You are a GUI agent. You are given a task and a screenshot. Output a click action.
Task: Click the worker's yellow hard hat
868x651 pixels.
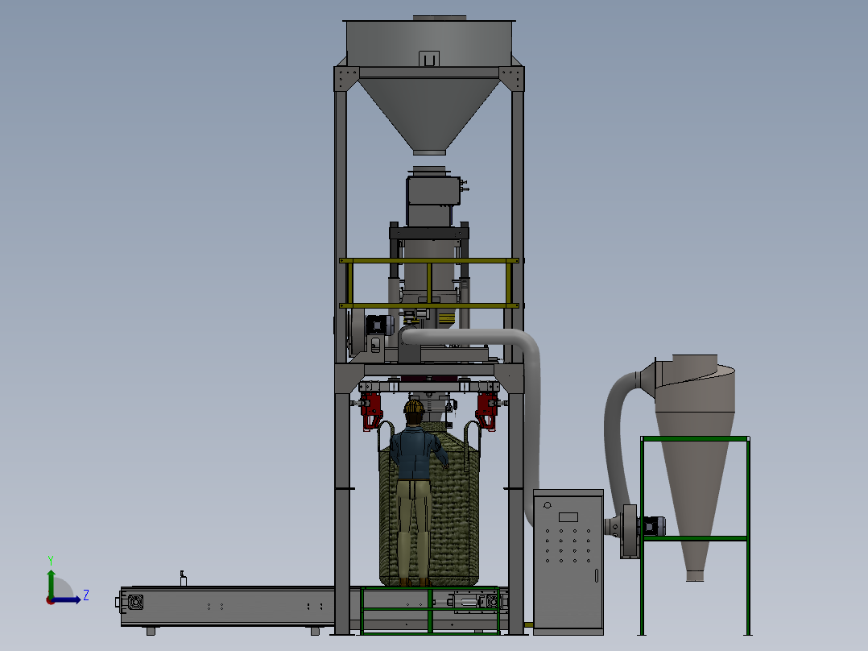click(414, 407)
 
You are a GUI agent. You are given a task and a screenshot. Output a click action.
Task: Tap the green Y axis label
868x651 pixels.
click(51, 561)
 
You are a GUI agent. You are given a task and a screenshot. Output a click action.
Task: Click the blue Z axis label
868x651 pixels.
click(86, 595)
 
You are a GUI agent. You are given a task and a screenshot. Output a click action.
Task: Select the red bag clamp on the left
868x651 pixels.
click(371, 411)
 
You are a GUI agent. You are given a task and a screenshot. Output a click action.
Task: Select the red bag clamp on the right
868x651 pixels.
click(487, 411)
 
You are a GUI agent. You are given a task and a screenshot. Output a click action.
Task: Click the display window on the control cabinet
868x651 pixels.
click(568, 517)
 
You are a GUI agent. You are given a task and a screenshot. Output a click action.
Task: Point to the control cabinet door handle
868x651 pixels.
click(596, 575)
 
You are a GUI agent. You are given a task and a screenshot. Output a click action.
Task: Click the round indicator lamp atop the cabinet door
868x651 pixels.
click(548, 504)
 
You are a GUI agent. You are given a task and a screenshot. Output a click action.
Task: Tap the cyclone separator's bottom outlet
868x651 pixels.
click(695, 575)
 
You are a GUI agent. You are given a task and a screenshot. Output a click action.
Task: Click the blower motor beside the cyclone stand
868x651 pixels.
click(653, 526)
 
